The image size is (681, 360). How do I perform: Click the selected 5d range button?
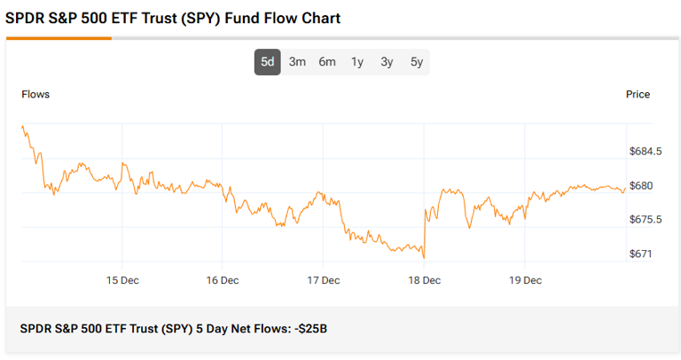(x=268, y=62)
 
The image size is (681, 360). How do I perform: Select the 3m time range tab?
(x=297, y=62)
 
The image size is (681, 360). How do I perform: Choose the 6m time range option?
(x=327, y=62)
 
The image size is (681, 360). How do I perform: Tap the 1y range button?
(x=357, y=62)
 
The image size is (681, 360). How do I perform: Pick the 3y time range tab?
(x=387, y=62)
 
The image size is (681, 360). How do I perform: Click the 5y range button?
(x=417, y=62)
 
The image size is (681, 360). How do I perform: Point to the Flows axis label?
(x=35, y=94)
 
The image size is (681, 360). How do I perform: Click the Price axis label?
(x=638, y=94)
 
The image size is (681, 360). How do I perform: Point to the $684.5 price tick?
(x=646, y=152)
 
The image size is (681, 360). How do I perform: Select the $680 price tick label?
(x=641, y=185)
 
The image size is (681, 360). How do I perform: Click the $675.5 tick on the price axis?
(x=646, y=220)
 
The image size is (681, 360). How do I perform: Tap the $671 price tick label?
(x=640, y=254)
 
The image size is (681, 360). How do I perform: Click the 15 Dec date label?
(x=121, y=280)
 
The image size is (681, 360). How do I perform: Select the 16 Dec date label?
(x=223, y=280)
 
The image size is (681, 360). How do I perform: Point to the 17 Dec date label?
(x=324, y=280)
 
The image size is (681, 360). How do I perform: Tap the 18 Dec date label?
(x=425, y=280)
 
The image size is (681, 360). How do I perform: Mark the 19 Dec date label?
(x=525, y=280)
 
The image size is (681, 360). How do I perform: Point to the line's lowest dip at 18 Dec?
(x=424, y=258)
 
